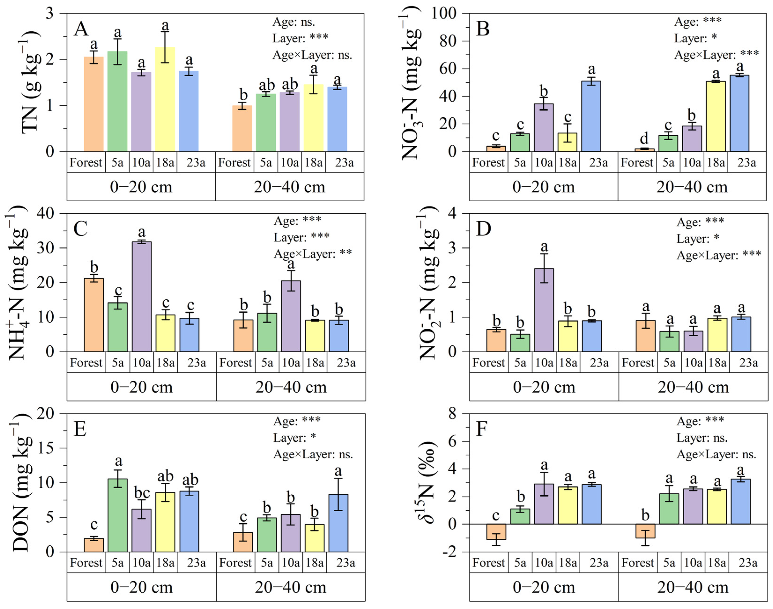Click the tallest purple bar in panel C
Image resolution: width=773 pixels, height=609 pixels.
[x=141, y=297]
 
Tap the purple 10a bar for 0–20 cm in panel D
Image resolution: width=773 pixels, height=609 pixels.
[x=544, y=310]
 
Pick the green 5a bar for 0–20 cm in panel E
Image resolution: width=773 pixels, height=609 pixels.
[x=117, y=515]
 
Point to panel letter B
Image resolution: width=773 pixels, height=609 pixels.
[x=483, y=29]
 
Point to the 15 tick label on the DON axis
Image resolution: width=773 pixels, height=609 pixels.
[x=46, y=448]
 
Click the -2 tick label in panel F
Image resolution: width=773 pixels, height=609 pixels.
[x=448, y=552]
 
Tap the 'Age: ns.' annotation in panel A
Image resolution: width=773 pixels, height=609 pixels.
[x=294, y=22]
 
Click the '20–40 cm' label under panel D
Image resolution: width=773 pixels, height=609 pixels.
[x=693, y=387]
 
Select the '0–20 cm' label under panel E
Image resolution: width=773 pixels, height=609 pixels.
[x=141, y=587]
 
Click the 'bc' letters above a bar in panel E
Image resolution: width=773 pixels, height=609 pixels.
[x=142, y=493]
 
